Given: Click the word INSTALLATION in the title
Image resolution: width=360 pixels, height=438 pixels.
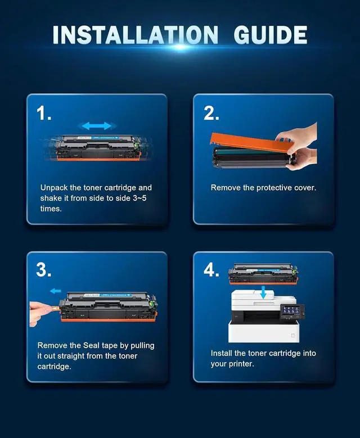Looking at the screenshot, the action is click(135, 35).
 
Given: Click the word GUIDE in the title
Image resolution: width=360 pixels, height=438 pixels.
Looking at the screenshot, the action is click(270, 35).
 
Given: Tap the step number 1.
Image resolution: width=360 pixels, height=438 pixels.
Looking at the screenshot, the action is click(44, 113).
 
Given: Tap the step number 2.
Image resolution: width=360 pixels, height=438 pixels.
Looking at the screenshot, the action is click(211, 113).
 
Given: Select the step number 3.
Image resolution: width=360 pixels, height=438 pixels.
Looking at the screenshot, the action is click(44, 270).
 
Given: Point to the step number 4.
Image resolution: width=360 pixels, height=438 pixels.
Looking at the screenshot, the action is click(211, 270).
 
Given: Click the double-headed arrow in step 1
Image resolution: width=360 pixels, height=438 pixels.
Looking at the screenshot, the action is click(97, 126).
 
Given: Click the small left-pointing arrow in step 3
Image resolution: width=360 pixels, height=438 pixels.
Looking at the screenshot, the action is click(55, 291).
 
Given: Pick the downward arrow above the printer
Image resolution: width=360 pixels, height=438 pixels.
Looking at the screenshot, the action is click(263, 292).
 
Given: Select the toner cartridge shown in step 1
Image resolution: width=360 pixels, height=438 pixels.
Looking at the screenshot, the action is click(98, 147).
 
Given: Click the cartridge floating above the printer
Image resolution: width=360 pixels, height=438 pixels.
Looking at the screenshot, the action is click(263, 274).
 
